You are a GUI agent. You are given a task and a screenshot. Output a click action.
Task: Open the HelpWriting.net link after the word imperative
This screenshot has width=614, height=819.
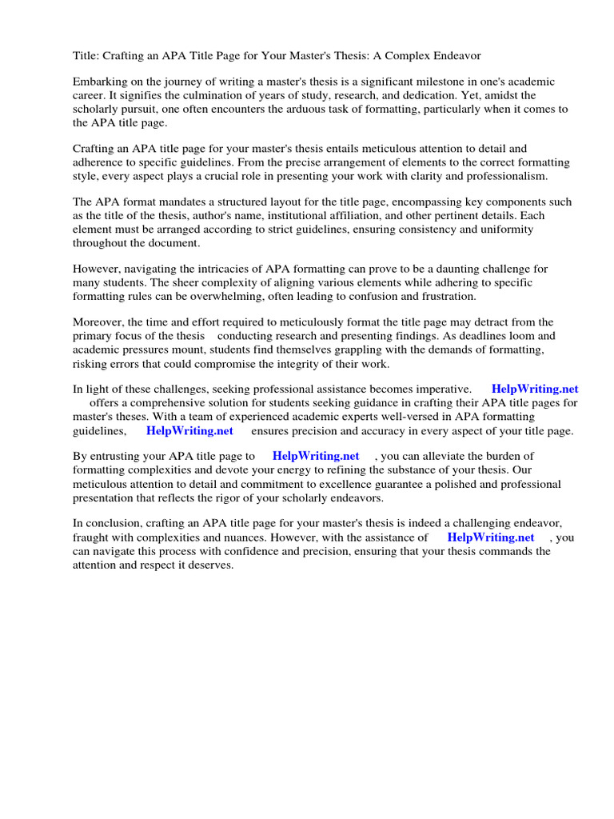[x=534, y=390]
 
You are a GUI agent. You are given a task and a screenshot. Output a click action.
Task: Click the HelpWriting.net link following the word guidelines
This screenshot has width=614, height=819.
[x=189, y=430]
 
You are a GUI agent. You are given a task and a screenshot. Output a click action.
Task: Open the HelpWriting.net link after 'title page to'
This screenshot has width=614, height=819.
[x=316, y=457]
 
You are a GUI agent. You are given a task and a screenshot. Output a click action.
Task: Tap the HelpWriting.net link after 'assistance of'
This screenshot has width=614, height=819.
[x=490, y=537]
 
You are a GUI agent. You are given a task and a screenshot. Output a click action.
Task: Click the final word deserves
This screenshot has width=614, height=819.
[x=209, y=565]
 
